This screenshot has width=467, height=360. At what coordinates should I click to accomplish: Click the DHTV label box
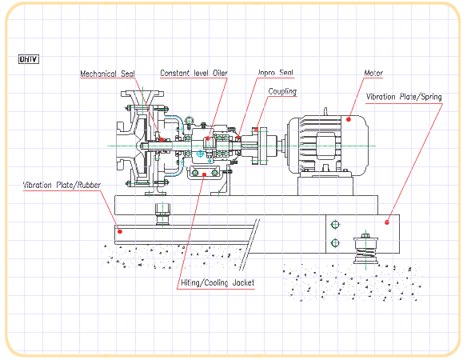coord(29,59)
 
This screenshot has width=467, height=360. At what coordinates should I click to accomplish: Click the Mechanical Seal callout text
coord(107,74)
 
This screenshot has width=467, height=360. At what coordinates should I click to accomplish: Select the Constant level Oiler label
coord(194,73)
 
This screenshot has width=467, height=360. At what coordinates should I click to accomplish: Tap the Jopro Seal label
coord(276,73)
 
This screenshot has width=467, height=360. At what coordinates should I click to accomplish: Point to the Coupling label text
coord(282,91)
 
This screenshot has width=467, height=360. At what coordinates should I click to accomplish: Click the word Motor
coord(373,73)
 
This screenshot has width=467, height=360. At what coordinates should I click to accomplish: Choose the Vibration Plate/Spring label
coord(404,97)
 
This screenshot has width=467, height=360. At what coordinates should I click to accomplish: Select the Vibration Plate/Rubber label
coord(62,185)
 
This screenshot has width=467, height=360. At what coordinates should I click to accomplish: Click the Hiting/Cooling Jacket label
coord(218,282)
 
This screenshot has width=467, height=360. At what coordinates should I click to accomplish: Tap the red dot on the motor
coord(349,119)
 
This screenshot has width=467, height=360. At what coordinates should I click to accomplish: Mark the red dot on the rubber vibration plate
coord(120,231)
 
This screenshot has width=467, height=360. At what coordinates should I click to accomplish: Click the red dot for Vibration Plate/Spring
coord(386,222)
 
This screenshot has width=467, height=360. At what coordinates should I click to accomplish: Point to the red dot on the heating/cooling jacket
coord(204,174)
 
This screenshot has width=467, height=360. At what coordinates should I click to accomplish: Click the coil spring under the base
coord(365,255)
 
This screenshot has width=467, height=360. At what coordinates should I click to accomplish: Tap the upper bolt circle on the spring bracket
coord(335,225)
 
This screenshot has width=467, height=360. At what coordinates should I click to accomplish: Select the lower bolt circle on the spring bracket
coord(335,243)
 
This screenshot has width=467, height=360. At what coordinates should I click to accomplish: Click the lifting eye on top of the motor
coord(325,111)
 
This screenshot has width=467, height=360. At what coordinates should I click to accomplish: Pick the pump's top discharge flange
coord(142,94)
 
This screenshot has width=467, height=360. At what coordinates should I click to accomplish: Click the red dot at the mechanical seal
coord(162,139)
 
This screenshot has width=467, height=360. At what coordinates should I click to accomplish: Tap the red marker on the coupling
coord(256,130)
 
